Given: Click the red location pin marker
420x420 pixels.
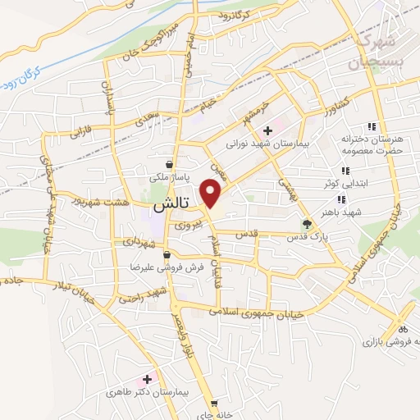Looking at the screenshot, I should click(212, 194).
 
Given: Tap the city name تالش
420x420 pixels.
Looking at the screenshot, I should click(170, 203).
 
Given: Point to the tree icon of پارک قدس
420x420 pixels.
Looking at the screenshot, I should click(308, 223).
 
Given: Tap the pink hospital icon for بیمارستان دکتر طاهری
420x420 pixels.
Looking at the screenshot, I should click(148, 379).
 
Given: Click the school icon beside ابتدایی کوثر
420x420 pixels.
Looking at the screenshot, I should click(345, 171).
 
